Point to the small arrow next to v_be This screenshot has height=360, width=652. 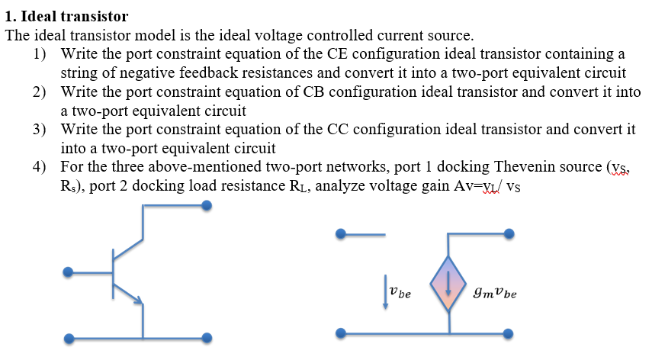pyautogui.click(x=384, y=291)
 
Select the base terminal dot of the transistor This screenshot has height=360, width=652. pyautogui.click(x=69, y=271)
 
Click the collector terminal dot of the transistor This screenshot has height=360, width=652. pyautogui.click(x=206, y=205)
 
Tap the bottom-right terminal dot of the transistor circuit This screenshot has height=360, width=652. pyautogui.click(x=206, y=338)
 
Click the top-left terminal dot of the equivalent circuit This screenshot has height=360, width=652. pyautogui.click(x=342, y=234)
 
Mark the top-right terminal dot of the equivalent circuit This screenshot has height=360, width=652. pyautogui.click(x=509, y=234)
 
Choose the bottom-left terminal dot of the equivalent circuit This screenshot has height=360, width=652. pyautogui.click(x=342, y=333)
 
